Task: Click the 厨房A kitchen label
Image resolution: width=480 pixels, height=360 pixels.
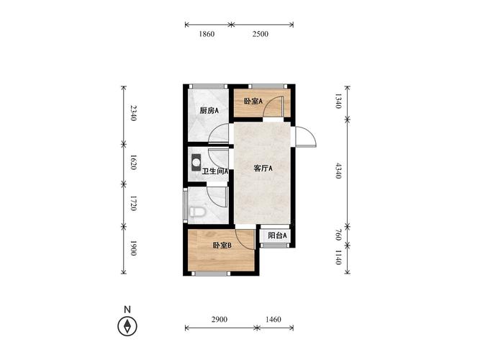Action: pos(209,111)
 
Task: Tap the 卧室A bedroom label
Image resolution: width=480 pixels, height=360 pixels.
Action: pos(253,101)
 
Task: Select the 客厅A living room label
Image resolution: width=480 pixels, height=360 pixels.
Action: pos(263,168)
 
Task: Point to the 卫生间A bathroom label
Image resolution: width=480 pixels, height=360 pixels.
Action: pos(215,171)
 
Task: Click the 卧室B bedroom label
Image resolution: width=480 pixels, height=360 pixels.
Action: pos(222,246)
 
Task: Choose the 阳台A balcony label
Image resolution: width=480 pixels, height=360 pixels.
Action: pos(277,235)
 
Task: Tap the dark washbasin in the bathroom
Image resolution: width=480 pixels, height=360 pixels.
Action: pos(196,163)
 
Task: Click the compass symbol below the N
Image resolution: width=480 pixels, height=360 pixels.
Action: pos(127,325)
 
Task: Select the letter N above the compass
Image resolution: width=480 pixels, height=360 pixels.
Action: pos(127,310)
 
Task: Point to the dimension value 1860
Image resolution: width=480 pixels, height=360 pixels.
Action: pos(207,34)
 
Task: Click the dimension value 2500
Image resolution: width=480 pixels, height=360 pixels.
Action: pos(261,34)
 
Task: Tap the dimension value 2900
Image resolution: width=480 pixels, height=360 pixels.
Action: pos(219,320)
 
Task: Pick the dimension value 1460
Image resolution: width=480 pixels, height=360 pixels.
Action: pos(273,320)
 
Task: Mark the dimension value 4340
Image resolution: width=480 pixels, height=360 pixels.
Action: pos(338,171)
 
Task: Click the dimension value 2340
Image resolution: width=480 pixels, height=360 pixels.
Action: pos(133,113)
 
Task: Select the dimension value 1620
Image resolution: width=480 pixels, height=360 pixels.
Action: pos(133,163)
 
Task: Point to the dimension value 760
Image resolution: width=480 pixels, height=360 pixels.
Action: pos(338,235)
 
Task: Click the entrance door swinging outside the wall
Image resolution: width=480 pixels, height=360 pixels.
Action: pos(306,137)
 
